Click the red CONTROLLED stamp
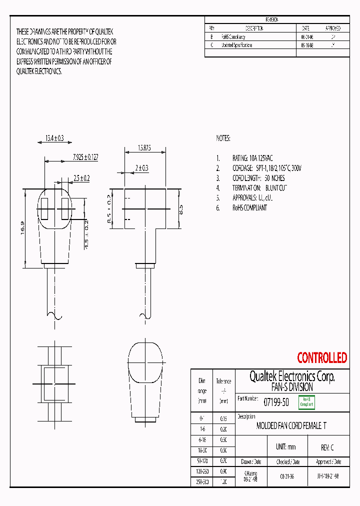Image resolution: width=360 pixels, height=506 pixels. click(x=321, y=358)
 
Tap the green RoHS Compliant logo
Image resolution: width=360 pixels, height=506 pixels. click(x=306, y=402)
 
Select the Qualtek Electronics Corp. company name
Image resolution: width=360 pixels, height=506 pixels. click(x=292, y=376)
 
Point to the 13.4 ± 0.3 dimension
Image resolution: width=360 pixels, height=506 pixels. click(x=51, y=137)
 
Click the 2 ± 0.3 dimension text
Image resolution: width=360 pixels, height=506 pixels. click(x=141, y=168)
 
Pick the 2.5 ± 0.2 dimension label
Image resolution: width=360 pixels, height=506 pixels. click(x=81, y=177)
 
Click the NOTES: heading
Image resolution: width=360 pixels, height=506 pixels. click(x=223, y=137)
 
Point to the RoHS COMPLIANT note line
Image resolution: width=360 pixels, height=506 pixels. click(x=249, y=207)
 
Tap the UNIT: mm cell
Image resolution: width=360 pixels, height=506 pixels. click(x=285, y=447)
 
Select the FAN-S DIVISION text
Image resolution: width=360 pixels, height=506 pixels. click(x=292, y=387)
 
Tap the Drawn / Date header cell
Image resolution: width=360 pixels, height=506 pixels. click(x=250, y=461)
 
